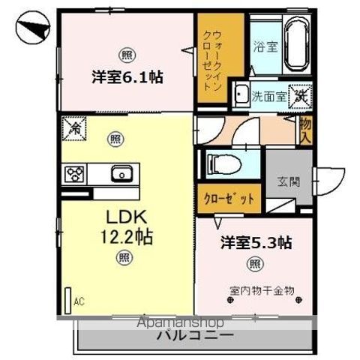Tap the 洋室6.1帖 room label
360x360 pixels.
128,76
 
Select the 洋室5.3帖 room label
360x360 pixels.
256,243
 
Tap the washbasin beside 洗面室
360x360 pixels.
241,94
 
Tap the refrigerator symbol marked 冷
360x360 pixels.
74,130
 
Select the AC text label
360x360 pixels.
78,303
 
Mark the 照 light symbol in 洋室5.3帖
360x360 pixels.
255,264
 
